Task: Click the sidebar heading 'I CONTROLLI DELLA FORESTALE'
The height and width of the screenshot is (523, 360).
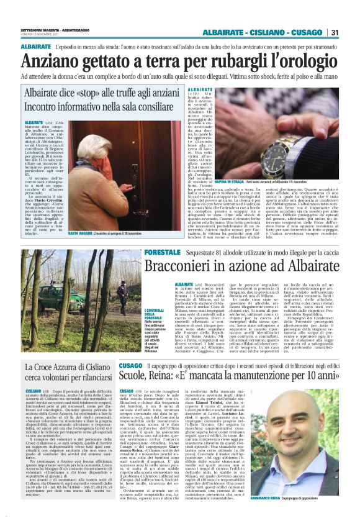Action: (x=133, y=314)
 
